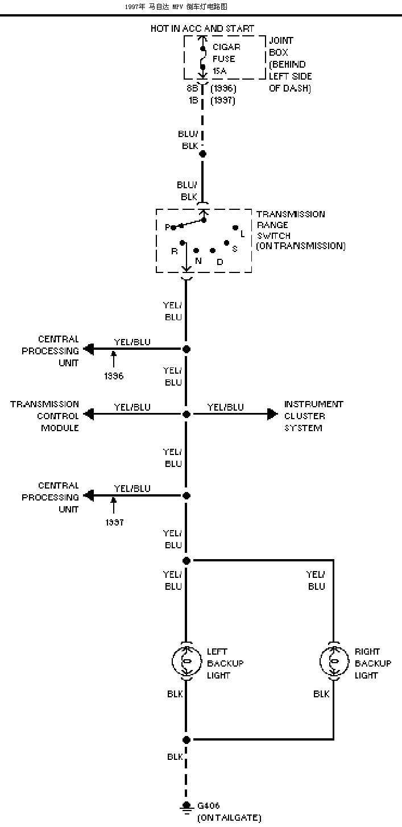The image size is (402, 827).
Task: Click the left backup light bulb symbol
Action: click(187, 661)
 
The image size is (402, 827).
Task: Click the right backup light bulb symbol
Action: click(334, 661)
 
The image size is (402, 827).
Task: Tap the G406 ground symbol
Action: click(187, 807)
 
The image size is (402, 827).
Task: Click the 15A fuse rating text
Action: click(219, 71)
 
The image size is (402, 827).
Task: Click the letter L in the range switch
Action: click(243, 234)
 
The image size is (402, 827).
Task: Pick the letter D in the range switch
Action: click(220, 262)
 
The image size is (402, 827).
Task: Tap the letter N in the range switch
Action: click(198, 261)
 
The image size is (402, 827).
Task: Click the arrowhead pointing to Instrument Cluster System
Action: click(272, 414)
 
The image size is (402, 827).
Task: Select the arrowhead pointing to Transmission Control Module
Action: click(89, 414)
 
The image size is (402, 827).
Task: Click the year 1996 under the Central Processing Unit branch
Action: click(114, 376)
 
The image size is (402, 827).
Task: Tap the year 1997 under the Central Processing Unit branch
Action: click(114, 522)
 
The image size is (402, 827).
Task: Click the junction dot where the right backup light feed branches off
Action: click(187, 561)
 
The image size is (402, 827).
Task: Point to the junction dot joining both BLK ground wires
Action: click(187, 739)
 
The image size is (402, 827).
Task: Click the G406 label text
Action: click(209, 805)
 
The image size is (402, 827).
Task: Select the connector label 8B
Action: click(192, 88)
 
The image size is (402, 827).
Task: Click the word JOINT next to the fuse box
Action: click(281, 40)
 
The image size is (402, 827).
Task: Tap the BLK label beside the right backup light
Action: click(321, 694)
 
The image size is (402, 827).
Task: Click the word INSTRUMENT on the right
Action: click(314, 404)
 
